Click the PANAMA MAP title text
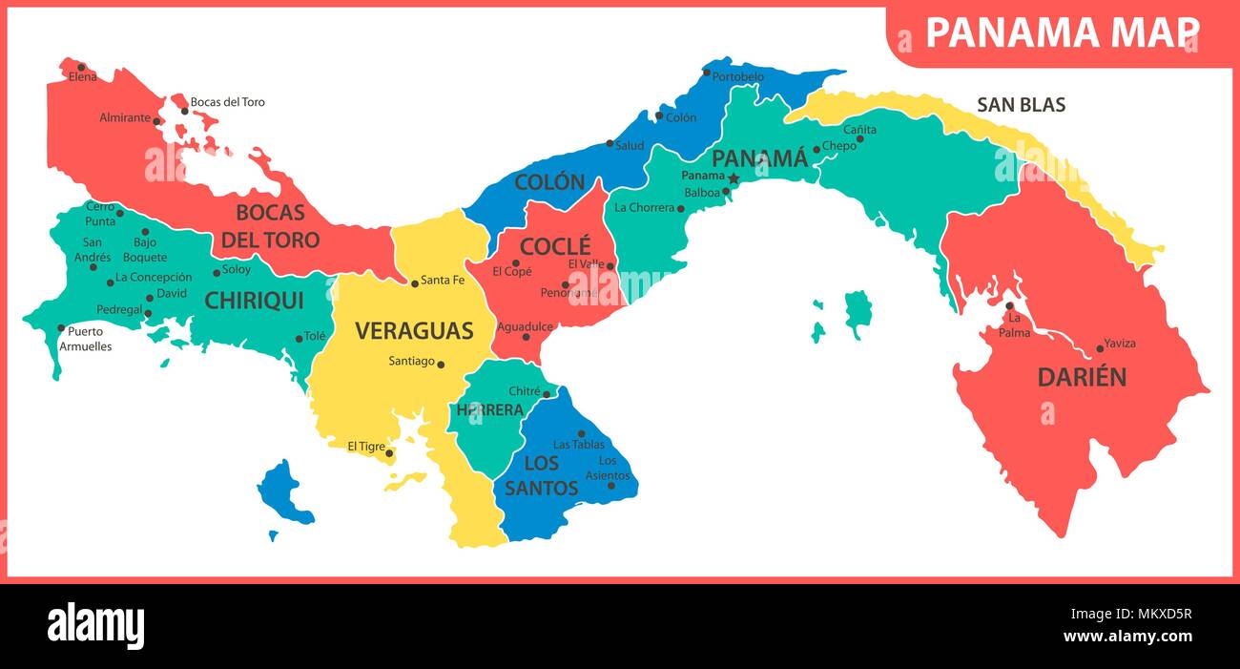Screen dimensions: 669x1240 click(1063, 33)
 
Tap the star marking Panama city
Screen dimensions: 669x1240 click(734, 178)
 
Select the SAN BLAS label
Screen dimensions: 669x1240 click(1021, 105)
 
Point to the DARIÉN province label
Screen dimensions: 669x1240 click(1082, 377)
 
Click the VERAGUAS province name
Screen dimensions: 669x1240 click(414, 331)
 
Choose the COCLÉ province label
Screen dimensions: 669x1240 click(555, 245)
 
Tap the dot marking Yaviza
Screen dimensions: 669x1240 click(1100, 349)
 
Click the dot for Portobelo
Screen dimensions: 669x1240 click(707, 73)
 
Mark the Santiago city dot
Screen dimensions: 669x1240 click(440, 364)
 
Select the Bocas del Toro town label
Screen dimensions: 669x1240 click(227, 102)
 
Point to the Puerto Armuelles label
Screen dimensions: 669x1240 click(86, 340)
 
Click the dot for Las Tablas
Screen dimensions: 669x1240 click(581, 433)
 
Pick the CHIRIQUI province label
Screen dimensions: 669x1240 click(254, 301)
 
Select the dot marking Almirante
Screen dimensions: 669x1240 click(156, 121)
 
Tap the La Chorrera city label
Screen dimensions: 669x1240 click(644, 207)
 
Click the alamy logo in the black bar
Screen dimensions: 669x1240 click(95, 626)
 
